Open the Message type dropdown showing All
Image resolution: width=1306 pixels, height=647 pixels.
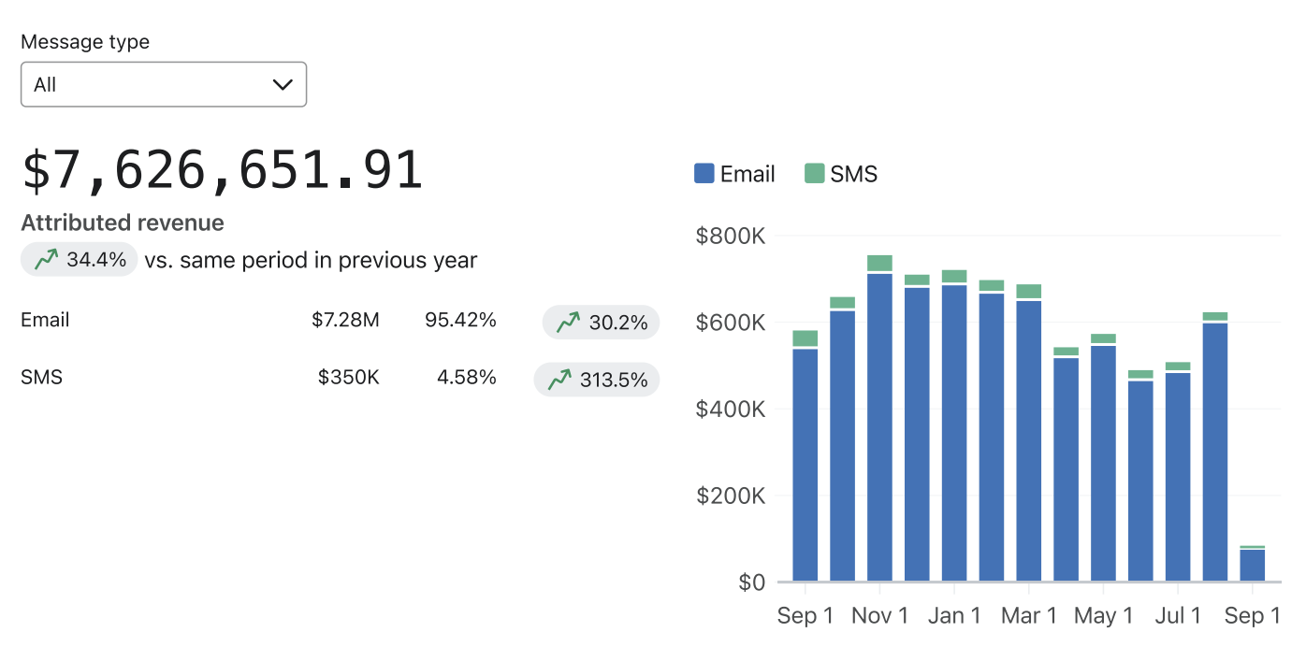[164, 84]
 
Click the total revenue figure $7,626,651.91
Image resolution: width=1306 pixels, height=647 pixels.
[223, 171]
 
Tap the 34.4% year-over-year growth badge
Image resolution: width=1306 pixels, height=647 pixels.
[80, 260]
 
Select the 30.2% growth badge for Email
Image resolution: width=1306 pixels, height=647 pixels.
[602, 323]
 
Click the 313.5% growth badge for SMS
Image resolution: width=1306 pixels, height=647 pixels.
[597, 381]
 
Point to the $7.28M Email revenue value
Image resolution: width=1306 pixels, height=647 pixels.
[345, 320]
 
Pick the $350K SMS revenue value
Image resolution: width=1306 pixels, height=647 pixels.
[348, 377]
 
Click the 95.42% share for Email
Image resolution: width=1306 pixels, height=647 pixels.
[460, 320]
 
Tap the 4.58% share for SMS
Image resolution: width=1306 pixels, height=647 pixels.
[466, 377]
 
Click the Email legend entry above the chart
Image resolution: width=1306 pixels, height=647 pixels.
[734, 174]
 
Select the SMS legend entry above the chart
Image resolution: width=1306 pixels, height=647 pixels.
[841, 174]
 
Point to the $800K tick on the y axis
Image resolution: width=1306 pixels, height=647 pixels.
[731, 237]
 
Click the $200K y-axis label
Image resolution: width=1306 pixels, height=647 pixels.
[731, 496]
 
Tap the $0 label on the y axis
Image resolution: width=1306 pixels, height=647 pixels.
[751, 582]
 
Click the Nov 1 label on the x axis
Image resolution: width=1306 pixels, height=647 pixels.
[879, 616]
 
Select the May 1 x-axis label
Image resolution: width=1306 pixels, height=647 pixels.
[1103, 616]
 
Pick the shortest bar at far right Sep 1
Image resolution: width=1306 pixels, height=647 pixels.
[1252, 565]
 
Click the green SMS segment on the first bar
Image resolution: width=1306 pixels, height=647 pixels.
[805, 338]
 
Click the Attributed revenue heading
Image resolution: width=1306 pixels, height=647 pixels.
[123, 223]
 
